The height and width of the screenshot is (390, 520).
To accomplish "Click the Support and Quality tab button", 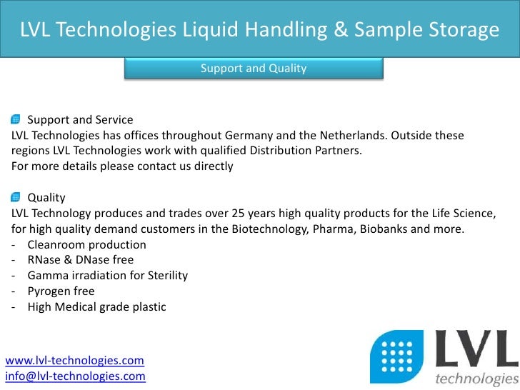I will (x=254, y=69).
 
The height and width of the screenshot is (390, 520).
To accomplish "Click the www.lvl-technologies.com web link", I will (x=75, y=361).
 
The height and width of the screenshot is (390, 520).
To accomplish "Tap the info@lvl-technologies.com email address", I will (x=76, y=376).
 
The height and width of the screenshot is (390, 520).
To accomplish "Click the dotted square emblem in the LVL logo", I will (x=396, y=357).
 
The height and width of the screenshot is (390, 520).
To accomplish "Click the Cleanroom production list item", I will (x=86, y=244).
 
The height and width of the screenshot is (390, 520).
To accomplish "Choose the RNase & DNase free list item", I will (x=80, y=260).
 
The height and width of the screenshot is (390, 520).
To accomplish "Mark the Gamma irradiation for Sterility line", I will (x=107, y=276).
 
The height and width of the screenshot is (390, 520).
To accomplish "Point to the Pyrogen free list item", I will (x=61, y=291).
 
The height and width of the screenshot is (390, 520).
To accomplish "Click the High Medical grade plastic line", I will (x=96, y=307).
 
